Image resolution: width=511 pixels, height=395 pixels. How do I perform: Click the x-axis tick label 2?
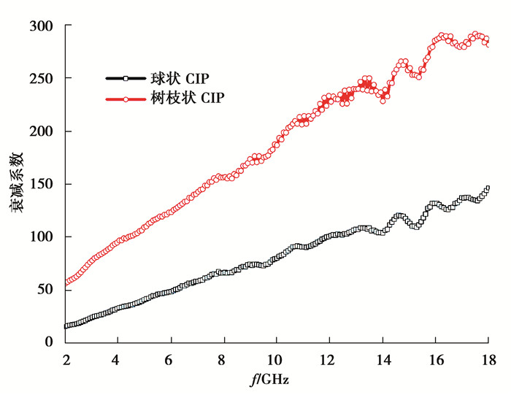point(66,360)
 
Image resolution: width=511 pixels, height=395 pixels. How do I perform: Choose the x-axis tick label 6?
point(172,360)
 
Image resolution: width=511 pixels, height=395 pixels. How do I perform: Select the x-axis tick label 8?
point(224,360)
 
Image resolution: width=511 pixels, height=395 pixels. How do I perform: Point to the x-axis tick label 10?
point(277,360)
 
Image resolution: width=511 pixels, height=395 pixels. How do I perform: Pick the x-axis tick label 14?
point(383,360)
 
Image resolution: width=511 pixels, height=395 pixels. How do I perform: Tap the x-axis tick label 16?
point(435,360)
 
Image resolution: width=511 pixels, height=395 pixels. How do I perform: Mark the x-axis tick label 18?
point(488,360)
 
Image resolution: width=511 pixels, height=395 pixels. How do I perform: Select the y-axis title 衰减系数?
point(16,183)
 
